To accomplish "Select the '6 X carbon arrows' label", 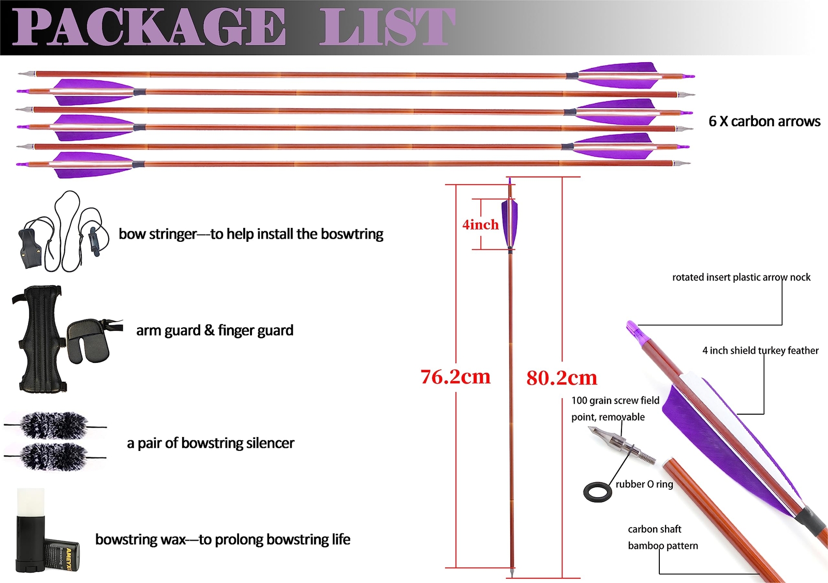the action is [764, 122].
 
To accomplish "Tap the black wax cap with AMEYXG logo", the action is [62, 554].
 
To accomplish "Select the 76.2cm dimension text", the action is [455, 377].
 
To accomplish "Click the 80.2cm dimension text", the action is [561, 378].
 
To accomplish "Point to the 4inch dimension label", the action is [480, 225].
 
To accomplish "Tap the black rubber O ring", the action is [598, 492].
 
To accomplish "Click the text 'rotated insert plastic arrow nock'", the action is [741, 278].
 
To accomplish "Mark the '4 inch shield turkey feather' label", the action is [760, 351].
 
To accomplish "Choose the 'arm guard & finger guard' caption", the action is [215, 330].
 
